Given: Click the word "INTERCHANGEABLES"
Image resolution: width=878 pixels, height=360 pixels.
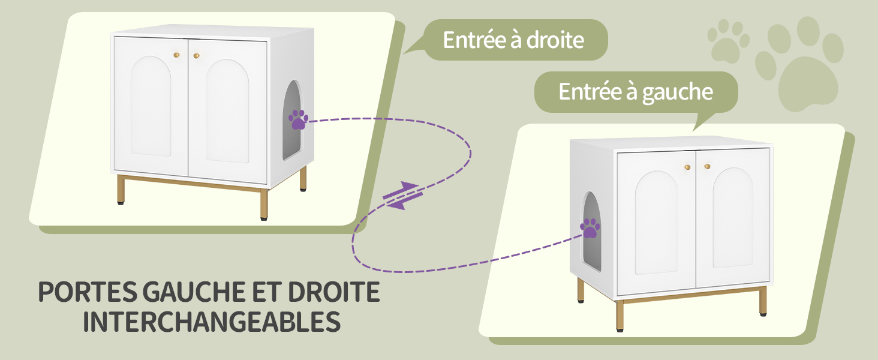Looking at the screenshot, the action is (x=212, y=322).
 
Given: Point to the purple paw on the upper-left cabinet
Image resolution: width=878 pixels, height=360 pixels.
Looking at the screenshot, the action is (x=298, y=119).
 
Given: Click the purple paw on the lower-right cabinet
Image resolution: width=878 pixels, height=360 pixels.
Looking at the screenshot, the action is (x=590, y=229).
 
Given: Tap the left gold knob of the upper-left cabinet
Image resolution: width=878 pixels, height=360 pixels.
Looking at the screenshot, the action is (x=176, y=55).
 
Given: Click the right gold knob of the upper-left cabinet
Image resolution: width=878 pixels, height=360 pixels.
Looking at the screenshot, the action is (x=196, y=56).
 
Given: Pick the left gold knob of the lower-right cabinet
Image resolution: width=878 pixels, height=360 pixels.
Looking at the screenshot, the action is (x=687, y=167).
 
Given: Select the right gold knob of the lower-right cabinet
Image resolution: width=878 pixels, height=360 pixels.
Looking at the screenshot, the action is (x=708, y=166).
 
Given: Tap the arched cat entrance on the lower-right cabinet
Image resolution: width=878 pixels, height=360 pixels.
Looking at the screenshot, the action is (x=591, y=232).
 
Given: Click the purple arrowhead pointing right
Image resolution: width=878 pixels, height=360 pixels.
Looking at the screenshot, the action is (x=410, y=186).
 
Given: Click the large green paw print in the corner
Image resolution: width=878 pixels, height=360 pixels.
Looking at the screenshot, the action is (x=799, y=64).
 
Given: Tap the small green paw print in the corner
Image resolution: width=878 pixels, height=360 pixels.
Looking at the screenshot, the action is (x=728, y=41).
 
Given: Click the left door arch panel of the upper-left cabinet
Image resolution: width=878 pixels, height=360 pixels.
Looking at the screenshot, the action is (x=151, y=106).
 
